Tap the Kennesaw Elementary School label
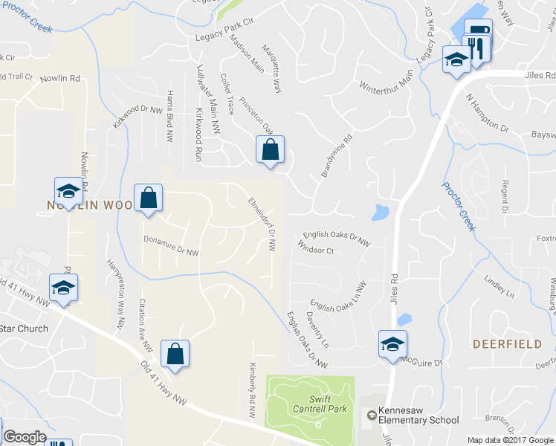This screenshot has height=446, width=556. click(x=418, y=415)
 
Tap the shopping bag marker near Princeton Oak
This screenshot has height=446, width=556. click(x=270, y=149)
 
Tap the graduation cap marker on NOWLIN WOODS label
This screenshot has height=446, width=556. click(x=68, y=191)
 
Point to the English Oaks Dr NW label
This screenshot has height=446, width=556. click(x=337, y=237)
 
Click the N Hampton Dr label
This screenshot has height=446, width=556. click(x=487, y=112)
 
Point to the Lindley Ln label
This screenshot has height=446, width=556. click(x=499, y=286)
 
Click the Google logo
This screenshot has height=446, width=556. click(x=25, y=438)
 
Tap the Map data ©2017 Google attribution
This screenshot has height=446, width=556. click(x=511, y=439)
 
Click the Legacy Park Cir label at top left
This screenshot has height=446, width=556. click(x=224, y=36)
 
